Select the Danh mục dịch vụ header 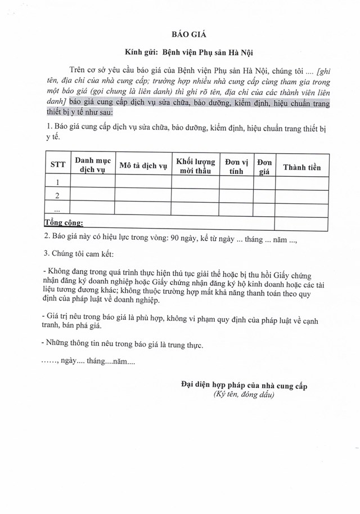tap(92, 164)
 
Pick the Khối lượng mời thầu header tap(195, 164)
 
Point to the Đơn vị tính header tap(236, 164)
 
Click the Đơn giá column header tap(264, 165)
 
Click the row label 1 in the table tap(57, 182)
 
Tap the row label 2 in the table tap(57, 195)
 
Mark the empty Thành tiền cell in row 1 tap(301, 182)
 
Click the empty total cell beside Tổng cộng tap(301, 224)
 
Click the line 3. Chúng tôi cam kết tap(81, 253)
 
